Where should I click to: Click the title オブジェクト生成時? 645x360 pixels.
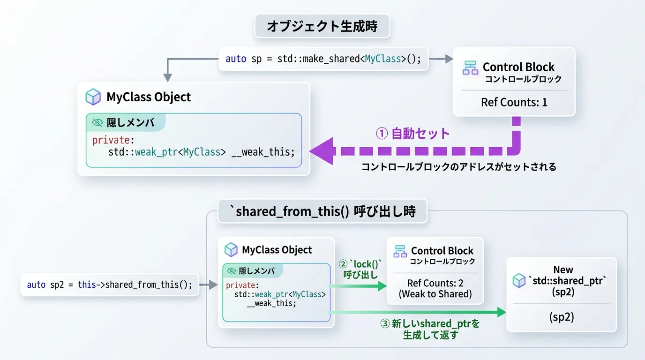pyautogui.click(x=322, y=26)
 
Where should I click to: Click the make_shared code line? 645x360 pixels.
pyautogui.click(x=323, y=59)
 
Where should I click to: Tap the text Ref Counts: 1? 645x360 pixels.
pyautogui.click(x=514, y=102)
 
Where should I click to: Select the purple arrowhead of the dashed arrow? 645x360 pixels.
pyautogui.click(x=322, y=151)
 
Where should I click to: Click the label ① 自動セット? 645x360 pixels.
pyautogui.click(x=412, y=134)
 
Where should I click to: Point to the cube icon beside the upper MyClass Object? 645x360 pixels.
pyautogui.click(x=93, y=97)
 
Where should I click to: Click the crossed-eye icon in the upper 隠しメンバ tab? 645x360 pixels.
pyautogui.click(x=97, y=123)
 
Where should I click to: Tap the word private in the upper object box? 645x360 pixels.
pyautogui.click(x=111, y=140)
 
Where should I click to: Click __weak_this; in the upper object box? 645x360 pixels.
pyautogui.click(x=263, y=152)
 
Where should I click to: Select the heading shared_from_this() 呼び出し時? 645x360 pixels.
pyautogui.click(x=322, y=211)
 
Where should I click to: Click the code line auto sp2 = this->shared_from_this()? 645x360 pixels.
pyautogui.click(x=109, y=285)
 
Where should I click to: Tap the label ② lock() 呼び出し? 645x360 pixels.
pyautogui.click(x=360, y=269)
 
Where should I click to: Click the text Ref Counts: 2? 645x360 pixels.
pyautogui.click(x=435, y=283)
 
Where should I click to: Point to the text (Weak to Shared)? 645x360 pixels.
pyautogui.click(x=435, y=294)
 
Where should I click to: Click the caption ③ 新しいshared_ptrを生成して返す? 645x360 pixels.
pyautogui.click(x=430, y=329)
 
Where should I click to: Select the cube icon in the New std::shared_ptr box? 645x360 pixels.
pyautogui.click(x=519, y=280)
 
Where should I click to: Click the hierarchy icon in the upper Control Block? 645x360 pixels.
pyautogui.click(x=470, y=67)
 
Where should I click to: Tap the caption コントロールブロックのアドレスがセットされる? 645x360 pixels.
pyautogui.click(x=459, y=167)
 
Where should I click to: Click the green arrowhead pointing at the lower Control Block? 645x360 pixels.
pyautogui.click(x=382, y=286)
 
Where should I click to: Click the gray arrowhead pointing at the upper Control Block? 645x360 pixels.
pyautogui.click(x=449, y=59)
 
